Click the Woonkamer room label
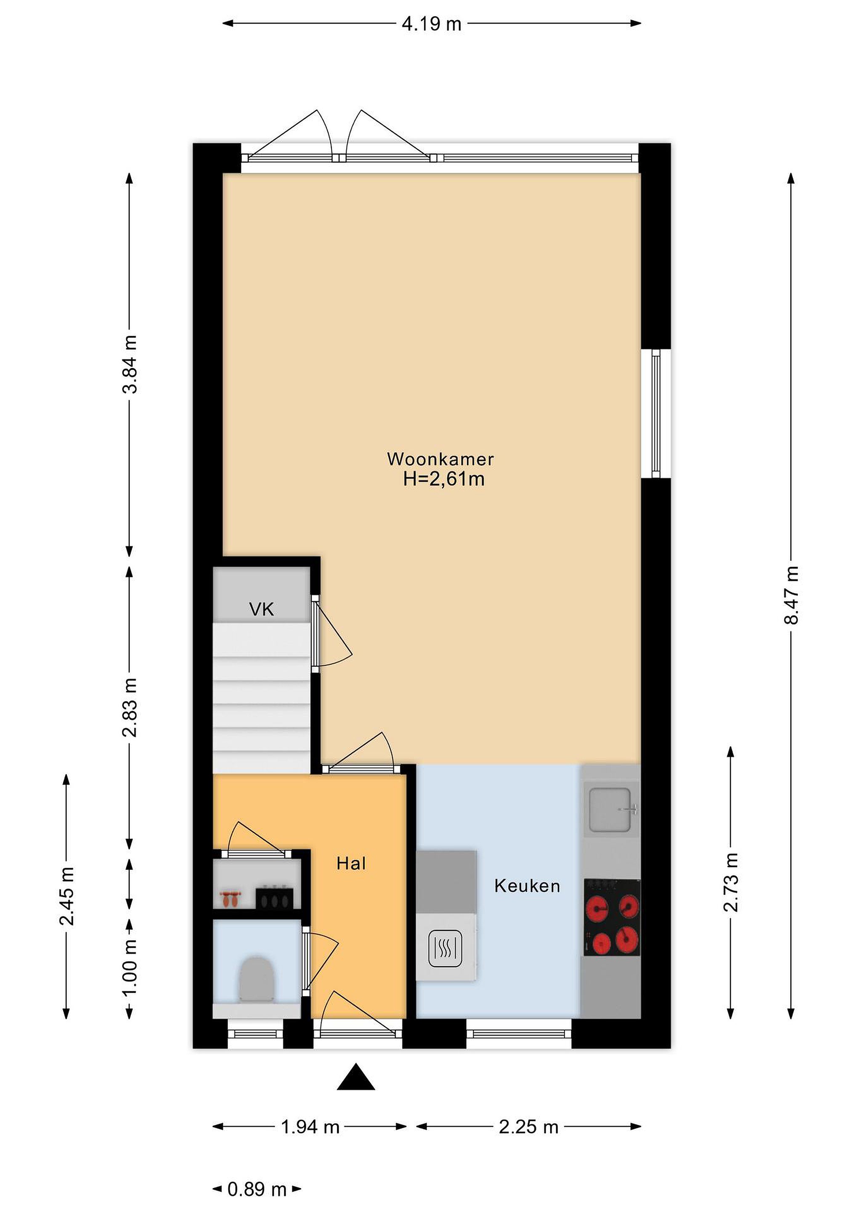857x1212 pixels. coord(440,459)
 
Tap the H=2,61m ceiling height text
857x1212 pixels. coord(444,479)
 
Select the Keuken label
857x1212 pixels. coord(527,886)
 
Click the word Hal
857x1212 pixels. coord(351,864)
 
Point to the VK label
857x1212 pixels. coord(262,610)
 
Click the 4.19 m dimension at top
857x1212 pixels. coord(432,24)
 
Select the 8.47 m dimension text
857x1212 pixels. coord(791,595)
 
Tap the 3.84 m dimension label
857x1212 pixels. coord(130,364)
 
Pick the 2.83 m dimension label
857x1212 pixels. coord(130,707)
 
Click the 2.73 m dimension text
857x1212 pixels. coord(731,882)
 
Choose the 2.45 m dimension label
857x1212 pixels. coord(66,896)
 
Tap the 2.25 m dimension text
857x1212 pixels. coord(528,1127)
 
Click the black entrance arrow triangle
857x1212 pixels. coord(356,1076)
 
